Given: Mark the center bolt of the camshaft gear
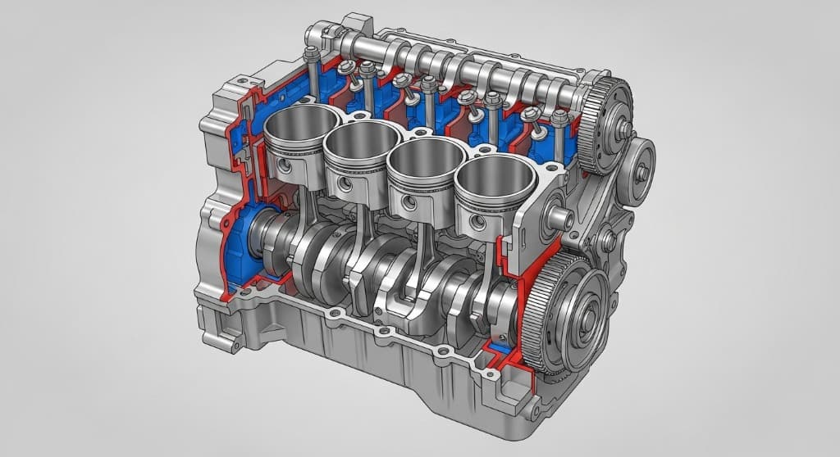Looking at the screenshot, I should click(x=624, y=129).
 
